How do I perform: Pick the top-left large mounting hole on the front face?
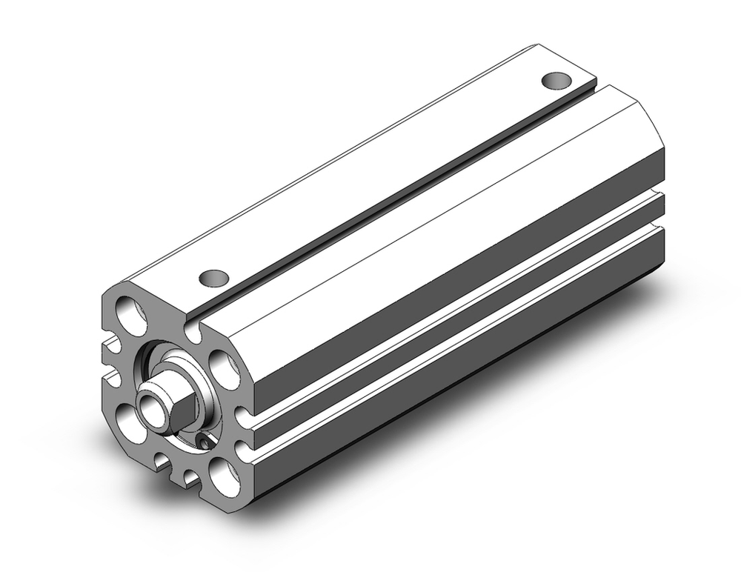tap(130, 311)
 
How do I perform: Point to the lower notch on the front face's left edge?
tap(111, 378)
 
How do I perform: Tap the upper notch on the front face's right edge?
tap(242, 416)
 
